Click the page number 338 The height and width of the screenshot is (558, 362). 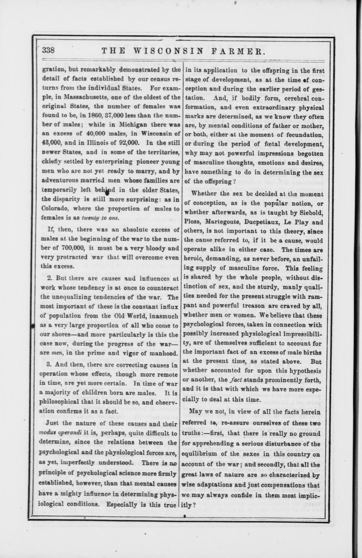48,51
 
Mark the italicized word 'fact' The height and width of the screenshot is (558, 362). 236,380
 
